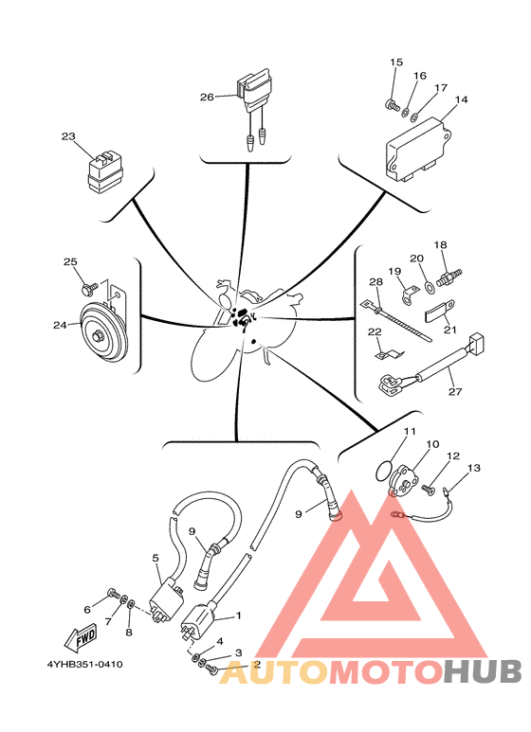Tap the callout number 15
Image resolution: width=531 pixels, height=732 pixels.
tap(396, 62)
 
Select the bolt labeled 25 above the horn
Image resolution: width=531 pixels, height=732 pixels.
tap(88, 285)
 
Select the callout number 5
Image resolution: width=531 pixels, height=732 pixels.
tap(156, 558)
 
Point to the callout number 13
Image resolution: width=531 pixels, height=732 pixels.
tap(474, 468)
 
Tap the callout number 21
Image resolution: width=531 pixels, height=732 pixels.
tap(449, 330)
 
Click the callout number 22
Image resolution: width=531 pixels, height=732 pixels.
tap(374, 331)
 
